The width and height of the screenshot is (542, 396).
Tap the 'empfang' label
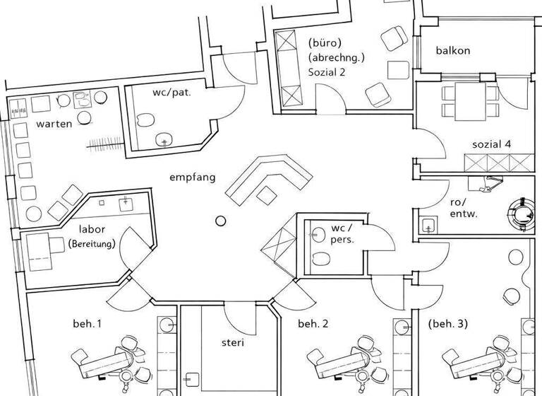[193, 177]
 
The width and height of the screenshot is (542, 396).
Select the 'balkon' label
[453, 51]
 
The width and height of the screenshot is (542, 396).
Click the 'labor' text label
[92, 230]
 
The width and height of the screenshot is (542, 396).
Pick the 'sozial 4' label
[491, 144]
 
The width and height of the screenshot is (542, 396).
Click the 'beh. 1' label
[88, 324]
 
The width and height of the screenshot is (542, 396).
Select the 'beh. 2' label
[313, 324]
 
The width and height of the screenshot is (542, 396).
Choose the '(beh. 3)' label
[447, 324]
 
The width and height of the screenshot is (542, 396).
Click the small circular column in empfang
[220, 221]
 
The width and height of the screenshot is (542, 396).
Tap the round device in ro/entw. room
[523, 211]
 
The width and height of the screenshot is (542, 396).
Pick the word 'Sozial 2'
[326, 72]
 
